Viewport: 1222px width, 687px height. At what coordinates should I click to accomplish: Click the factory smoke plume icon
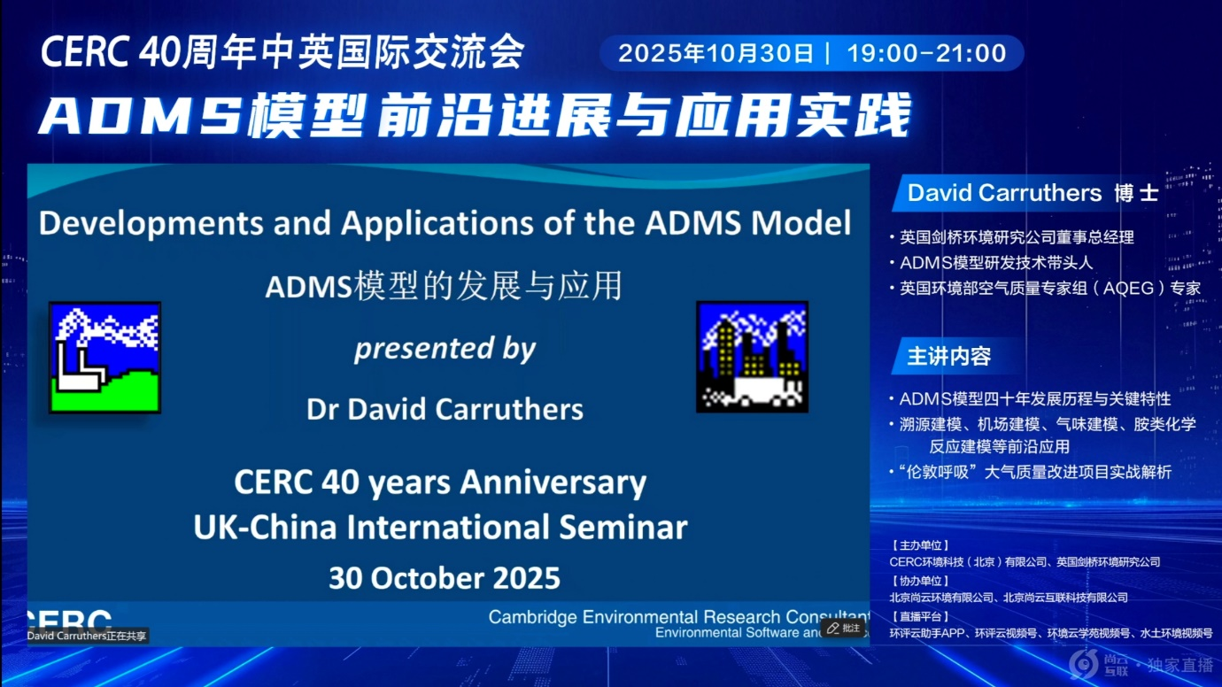[x=104, y=358]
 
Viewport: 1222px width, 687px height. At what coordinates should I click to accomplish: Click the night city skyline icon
[x=753, y=357]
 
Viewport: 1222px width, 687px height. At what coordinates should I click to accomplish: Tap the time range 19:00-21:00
[x=926, y=53]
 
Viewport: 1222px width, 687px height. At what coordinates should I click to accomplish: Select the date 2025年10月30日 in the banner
[x=715, y=53]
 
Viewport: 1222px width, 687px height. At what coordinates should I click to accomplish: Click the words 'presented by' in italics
[x=445, y=349]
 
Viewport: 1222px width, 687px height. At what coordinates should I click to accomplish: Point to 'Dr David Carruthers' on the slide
[x=445, y=409]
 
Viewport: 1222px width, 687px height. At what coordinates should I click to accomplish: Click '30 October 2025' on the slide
[x=445, y=578]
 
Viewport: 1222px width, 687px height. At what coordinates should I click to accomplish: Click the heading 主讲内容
[x=949, y=357]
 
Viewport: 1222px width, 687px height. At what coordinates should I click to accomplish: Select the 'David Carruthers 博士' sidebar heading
[x=1033, y=193]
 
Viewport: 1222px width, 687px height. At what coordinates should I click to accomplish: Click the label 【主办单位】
[x=920, y=545]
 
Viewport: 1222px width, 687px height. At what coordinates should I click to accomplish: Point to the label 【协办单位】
[x=920, y=582]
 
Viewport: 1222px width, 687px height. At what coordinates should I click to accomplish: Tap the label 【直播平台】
[x=920, y=617]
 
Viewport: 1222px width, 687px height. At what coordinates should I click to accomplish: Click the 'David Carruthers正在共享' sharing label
[x=87, y=636]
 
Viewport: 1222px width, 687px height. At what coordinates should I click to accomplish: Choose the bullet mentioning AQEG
[x=1046, y=288]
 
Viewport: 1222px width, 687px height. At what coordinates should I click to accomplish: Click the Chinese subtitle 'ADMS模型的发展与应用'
[x=444, y=286]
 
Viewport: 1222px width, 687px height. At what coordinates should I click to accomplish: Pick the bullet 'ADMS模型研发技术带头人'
[x=993, y=263]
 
